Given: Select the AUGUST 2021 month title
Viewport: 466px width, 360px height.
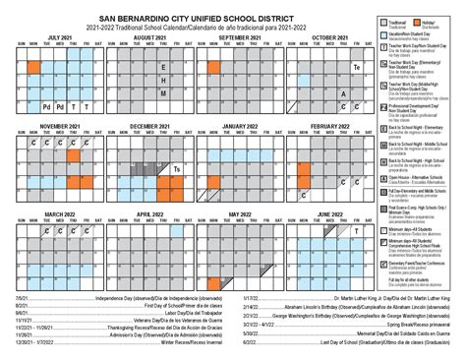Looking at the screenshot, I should pyautogui.click(x=149, y=37).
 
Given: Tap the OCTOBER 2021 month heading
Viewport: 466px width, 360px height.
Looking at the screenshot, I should pyautogui.click(x=329, y=37).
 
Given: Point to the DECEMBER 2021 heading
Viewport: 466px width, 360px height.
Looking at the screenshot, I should pyautogui.click(x=149, y=127).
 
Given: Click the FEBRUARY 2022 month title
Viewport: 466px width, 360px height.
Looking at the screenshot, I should pyautogui.click(x=329, y=127).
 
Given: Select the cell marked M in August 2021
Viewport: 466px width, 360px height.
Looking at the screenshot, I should pyautogui.click(x=162, y=93).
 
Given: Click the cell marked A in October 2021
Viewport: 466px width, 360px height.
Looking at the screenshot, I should pyautogui.click(x=343, y=93).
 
